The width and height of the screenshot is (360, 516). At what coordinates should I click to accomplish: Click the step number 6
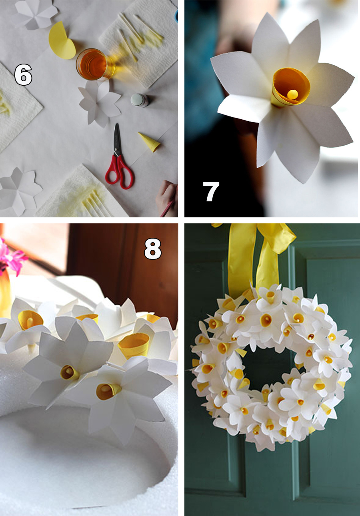23,74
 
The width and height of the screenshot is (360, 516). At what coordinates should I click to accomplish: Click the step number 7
211,191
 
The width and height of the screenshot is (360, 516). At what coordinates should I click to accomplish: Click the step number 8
153,249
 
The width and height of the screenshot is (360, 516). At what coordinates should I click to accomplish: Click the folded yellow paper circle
62,40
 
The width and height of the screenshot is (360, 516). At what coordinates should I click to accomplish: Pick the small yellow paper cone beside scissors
150,142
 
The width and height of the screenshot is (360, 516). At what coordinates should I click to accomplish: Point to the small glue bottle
140,100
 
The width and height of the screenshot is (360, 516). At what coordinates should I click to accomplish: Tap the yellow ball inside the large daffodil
292,94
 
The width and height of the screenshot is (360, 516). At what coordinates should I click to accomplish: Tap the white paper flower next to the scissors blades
99,103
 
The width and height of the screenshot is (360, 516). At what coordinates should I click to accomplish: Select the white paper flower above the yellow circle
34,14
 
